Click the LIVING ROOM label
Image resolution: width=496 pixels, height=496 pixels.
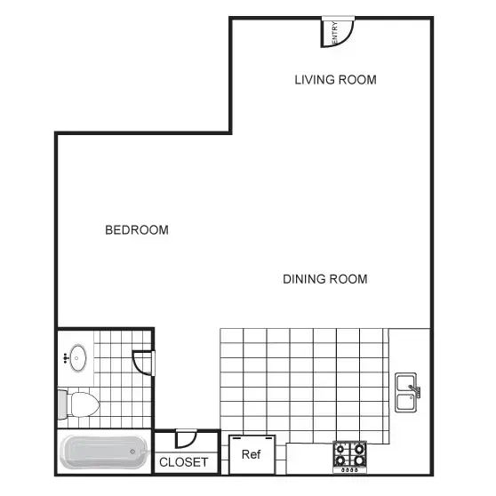[x=336, y=80]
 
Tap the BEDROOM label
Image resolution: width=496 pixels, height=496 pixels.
[x=137, y=230]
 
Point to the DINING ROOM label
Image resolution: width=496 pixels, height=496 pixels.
[x=325, y=279]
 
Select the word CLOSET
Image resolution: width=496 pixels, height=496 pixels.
[x=183, y=462]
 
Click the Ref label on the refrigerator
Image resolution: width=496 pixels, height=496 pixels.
[x=252, y=454]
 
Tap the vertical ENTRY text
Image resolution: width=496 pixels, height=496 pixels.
[x=335, y=33]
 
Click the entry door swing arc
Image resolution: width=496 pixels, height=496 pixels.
[x=347, y=37]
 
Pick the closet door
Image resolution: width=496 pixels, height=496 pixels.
[x=187, y=439]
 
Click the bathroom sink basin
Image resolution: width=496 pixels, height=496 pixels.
[x=78, y=357]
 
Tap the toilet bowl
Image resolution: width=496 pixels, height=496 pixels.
[x=84, y=404]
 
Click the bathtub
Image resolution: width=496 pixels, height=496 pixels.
[x=104, y=452]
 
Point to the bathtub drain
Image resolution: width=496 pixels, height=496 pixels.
[x=132, y=452]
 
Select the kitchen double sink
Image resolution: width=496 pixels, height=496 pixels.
[x=406, y=392]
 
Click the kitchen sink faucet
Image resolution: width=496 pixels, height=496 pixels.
[x=415, y=390]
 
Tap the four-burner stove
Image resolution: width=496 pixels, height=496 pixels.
[x=350, y=457]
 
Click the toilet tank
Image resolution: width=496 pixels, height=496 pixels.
[x=62, y=404]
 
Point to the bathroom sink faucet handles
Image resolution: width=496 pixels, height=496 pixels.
[x=66, y=357]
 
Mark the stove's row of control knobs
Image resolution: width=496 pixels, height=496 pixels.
[x=349, y=470]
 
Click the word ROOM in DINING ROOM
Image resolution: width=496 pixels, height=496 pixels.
[x=348, y=279]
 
